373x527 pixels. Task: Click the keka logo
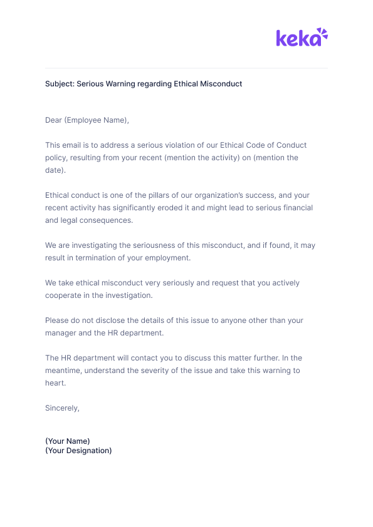tap(302, 38)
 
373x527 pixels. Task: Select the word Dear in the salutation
tap(53, 120)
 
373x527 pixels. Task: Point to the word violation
tap(178, 145)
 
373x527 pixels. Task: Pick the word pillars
tap(152, 195)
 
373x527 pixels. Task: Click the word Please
tap(57, 320)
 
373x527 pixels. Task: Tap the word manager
tap(61, 333)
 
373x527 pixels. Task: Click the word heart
tap(55, 383)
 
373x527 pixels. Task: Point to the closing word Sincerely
tap(62, 408)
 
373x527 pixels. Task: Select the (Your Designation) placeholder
tap(78, 451)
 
